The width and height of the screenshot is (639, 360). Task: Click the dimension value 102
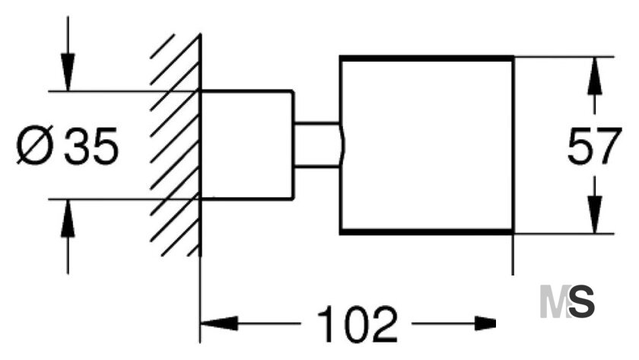pyautogui.click(x=357, y=324)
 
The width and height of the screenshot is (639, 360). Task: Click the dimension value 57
pyautogui.click(x=594, y=146)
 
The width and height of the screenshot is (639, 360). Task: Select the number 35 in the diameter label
pyautogui.click(x=91, y=146)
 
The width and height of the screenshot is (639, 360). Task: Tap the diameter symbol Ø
pyautogui.click(x=35, y=145)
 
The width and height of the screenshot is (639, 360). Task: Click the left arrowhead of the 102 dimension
pyautogui.click(x=219, y=323)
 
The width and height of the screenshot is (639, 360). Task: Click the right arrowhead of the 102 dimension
pyautogui.click(x=485, y=323)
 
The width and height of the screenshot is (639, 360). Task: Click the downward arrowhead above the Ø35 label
pyautogui.click(x=68, y=72)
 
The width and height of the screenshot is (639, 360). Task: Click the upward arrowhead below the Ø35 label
pyautogui.click(x=68, y=218)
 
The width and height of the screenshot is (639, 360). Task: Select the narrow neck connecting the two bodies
pyautogui.click(x=316, y=145)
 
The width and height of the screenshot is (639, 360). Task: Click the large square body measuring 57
pyautogui.click(x=426, y=145)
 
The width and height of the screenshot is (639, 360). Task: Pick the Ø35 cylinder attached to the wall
pyautogui.click(x=246, y=145)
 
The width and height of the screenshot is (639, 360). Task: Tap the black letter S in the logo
pyautogui.click(x=581, y=301)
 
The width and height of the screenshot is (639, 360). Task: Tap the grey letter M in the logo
pyautogui.click(x=555, y=301)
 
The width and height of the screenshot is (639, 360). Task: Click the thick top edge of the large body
pyautogui.click(x=426, y=58)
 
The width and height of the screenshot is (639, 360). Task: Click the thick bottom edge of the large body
pyautogui.click(x=426, y=232)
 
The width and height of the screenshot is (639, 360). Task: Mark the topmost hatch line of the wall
pyautogui.click(x=163, y=46)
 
